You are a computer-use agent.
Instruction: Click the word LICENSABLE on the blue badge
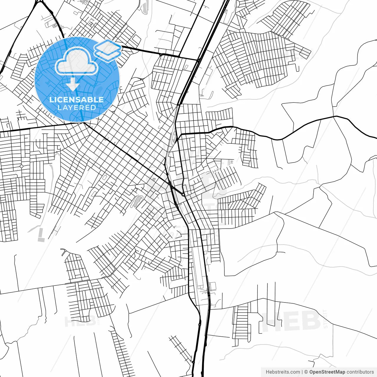(x=77, y=100)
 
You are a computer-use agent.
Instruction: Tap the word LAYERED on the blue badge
(x=77, y=108)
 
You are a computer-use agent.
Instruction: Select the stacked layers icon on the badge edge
(x=108, y=50)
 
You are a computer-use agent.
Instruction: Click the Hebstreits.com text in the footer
(x=283, y=372)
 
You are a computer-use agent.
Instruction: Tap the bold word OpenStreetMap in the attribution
(x=327, y=372)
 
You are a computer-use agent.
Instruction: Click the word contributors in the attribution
(x=360, y=372)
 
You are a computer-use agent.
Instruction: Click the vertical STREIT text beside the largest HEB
(x=325, y=319)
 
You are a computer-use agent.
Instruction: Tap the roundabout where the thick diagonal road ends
(x=183, y=195)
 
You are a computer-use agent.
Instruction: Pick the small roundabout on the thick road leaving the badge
(x=161, y=54)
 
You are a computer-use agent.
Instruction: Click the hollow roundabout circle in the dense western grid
(x=22, y=166)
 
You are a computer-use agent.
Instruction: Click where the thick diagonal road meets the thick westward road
(x=84, y=123)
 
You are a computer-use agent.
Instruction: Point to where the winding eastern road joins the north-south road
(x=179, y=135)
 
